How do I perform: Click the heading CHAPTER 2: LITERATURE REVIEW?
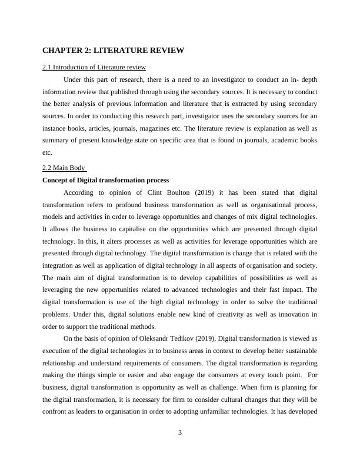(114, 51)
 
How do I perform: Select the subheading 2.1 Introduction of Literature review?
(94, 67)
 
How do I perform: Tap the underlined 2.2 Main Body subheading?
(65, 168)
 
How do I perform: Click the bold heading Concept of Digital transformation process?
(106, 179)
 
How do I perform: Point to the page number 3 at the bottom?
(180, 433)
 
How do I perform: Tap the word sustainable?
(299, 351)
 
